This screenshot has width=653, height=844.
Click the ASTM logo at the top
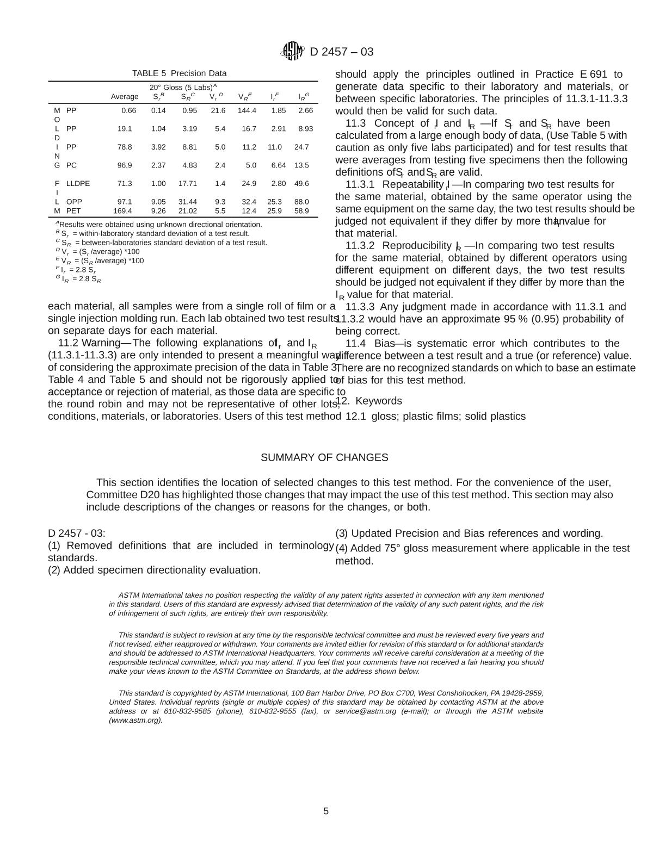tap(292, 52)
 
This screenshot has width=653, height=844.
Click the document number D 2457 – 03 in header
tap(342, 52)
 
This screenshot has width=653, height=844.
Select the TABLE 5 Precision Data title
tap(179, 73)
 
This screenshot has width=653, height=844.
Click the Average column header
tap(125, 97)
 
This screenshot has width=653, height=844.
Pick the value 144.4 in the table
tap(247, 110)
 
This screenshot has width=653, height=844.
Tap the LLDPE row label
tap(78, 184)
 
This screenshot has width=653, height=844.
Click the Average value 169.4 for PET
tap(122, 211)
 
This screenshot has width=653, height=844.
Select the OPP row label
tap(74, 202)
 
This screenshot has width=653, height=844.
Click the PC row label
tap(71, 165)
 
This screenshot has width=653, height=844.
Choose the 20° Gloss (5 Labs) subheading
tap(183, 87)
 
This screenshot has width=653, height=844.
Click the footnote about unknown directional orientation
tap(159, 225)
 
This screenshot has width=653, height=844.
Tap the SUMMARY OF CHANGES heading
tap(324, 457)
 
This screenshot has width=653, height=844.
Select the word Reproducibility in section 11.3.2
tap(418, 246)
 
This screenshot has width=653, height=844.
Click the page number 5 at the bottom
tap(326, 811)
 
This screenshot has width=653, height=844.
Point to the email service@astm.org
tap(365, 711)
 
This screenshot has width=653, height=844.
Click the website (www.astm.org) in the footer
tap(135, 721)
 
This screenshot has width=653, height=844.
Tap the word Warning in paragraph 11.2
tap(101, 343)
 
